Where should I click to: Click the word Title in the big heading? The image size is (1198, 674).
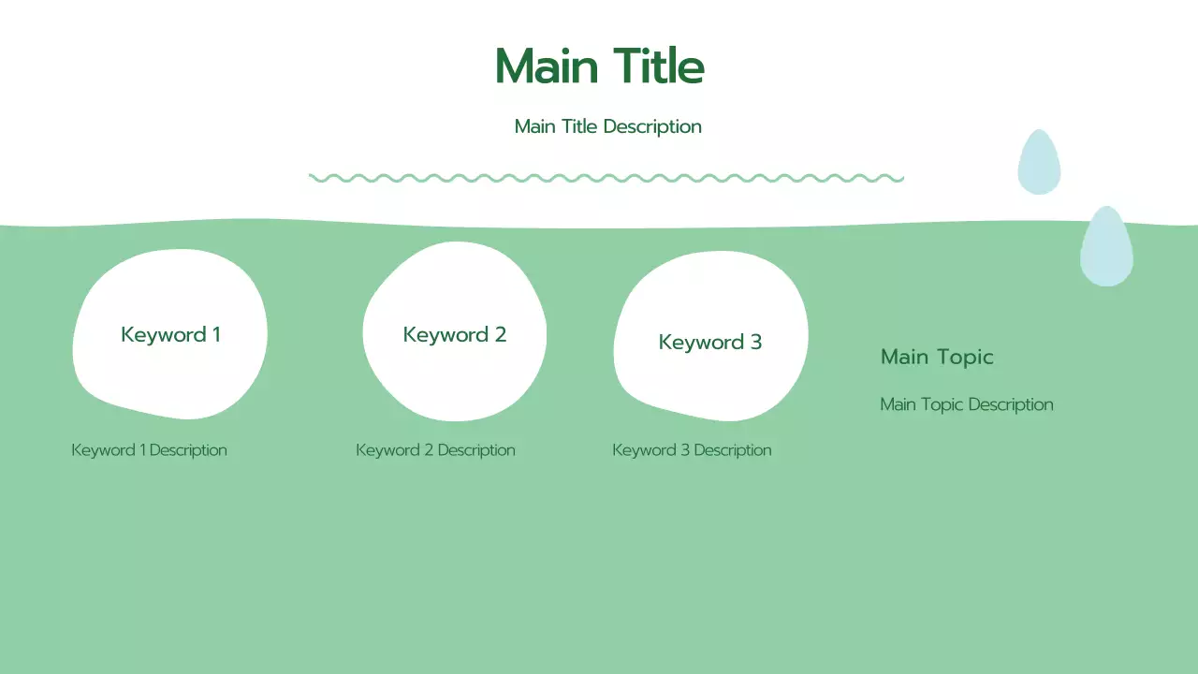click(x=659, y=66)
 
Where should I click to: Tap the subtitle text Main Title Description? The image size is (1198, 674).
click(x=607, y=126)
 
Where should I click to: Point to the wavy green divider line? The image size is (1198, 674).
click(x=606, y=178)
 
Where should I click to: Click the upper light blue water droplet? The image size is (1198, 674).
click(x=1039, y=164)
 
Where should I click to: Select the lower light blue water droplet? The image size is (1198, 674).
click(x=1106, y=248)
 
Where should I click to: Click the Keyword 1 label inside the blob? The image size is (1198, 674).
click(x=170, y=334)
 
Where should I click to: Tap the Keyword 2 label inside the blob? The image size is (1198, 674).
click(x=454, y=334)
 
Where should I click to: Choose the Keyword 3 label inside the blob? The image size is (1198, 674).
click(x=709, y=342)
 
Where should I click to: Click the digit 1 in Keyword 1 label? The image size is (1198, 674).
click(x=216, y=334)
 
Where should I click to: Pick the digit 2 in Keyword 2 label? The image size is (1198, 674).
click(x=500, y=334)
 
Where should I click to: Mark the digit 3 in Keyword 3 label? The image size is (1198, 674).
click(x=755, y=342)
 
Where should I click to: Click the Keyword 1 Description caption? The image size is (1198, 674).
click(x=149, y=450)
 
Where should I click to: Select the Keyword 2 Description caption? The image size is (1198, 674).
click(x=435, y=450)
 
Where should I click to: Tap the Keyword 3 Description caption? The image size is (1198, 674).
click(x=692, y=450)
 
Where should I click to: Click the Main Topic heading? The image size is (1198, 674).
click(x=937, y=357)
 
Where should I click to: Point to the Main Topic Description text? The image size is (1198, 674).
click(x=967, y=404)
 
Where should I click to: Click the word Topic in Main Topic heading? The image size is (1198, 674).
click(x=965, y=357)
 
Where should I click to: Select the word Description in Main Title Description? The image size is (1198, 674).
click(x=652, y=126)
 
